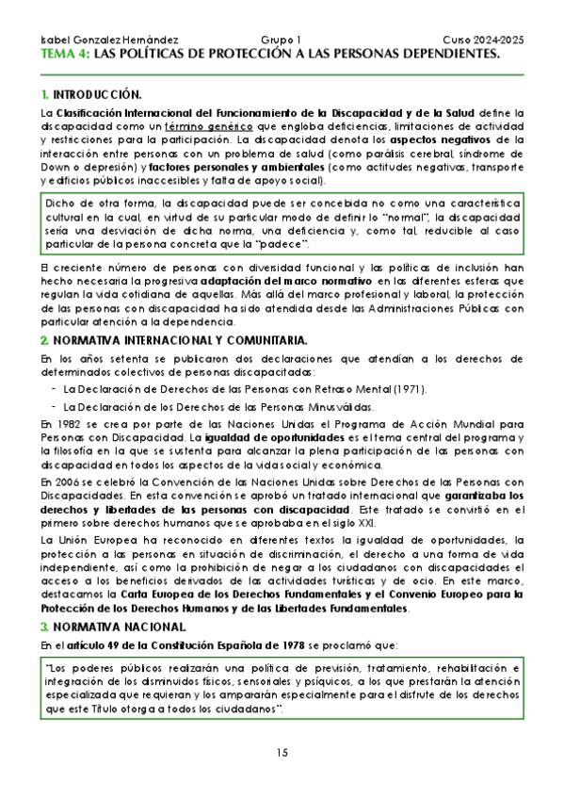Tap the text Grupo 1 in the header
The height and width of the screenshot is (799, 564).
[281, 41]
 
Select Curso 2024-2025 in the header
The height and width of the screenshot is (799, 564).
[482, 41]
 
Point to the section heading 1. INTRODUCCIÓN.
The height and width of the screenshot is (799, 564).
[91, 95]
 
